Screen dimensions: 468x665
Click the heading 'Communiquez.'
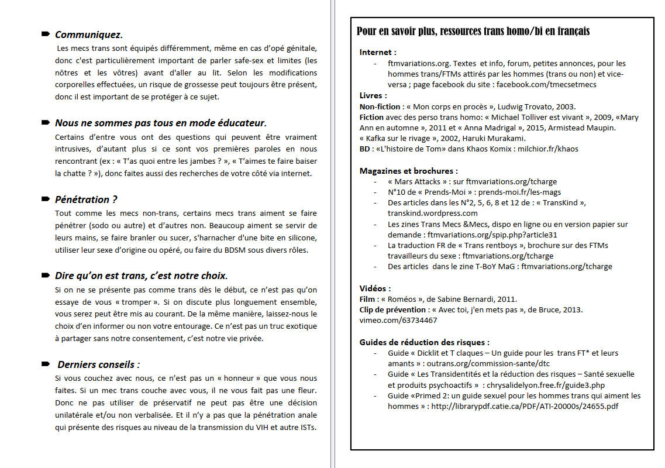point(88,35)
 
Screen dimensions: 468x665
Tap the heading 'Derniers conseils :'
point(98,364)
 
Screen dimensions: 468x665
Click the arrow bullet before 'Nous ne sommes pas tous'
point(45,123)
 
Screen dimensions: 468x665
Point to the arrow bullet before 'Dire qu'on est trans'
point(45,276)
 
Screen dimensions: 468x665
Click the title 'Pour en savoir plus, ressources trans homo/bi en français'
point(473,31)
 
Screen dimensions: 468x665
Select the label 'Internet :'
point(378,53)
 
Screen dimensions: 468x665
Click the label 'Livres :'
point(373,95)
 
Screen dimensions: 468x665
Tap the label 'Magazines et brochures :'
point(408,171)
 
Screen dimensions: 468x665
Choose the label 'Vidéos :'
point(375,288)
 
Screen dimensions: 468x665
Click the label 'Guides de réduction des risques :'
point(424,342)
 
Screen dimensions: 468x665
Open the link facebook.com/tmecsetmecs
point(546,84)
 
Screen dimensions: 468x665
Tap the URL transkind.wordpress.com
point(432,213)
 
